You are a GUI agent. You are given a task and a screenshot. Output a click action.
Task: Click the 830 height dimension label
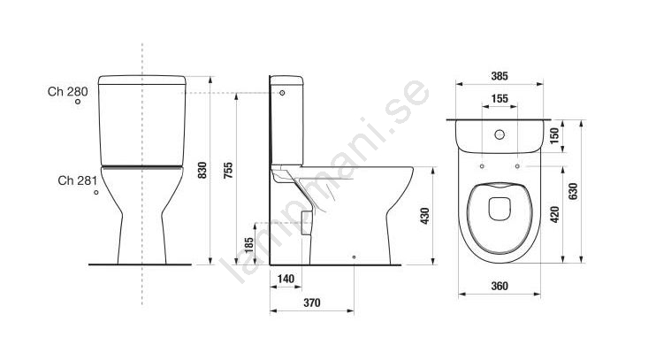click(x=202, y=171)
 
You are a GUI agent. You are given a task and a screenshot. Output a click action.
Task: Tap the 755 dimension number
click(x=228, y=171)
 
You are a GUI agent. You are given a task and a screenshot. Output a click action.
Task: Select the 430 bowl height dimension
click(x=425, y=216)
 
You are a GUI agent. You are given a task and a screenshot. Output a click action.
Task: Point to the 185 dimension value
click(x=249, y=245)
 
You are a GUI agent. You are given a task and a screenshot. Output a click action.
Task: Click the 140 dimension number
click(x=286, y=279)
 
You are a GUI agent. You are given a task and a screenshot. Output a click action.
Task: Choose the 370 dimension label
click(x=312, y=303)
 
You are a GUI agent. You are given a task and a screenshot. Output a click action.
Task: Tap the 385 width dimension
click(x=500, y=76)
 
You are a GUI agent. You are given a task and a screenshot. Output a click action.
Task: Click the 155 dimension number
click(x=500, y=99)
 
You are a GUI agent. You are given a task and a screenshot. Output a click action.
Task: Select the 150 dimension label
click(x=554, y=135)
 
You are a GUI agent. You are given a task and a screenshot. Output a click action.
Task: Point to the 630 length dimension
click(x=573, y=191)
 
